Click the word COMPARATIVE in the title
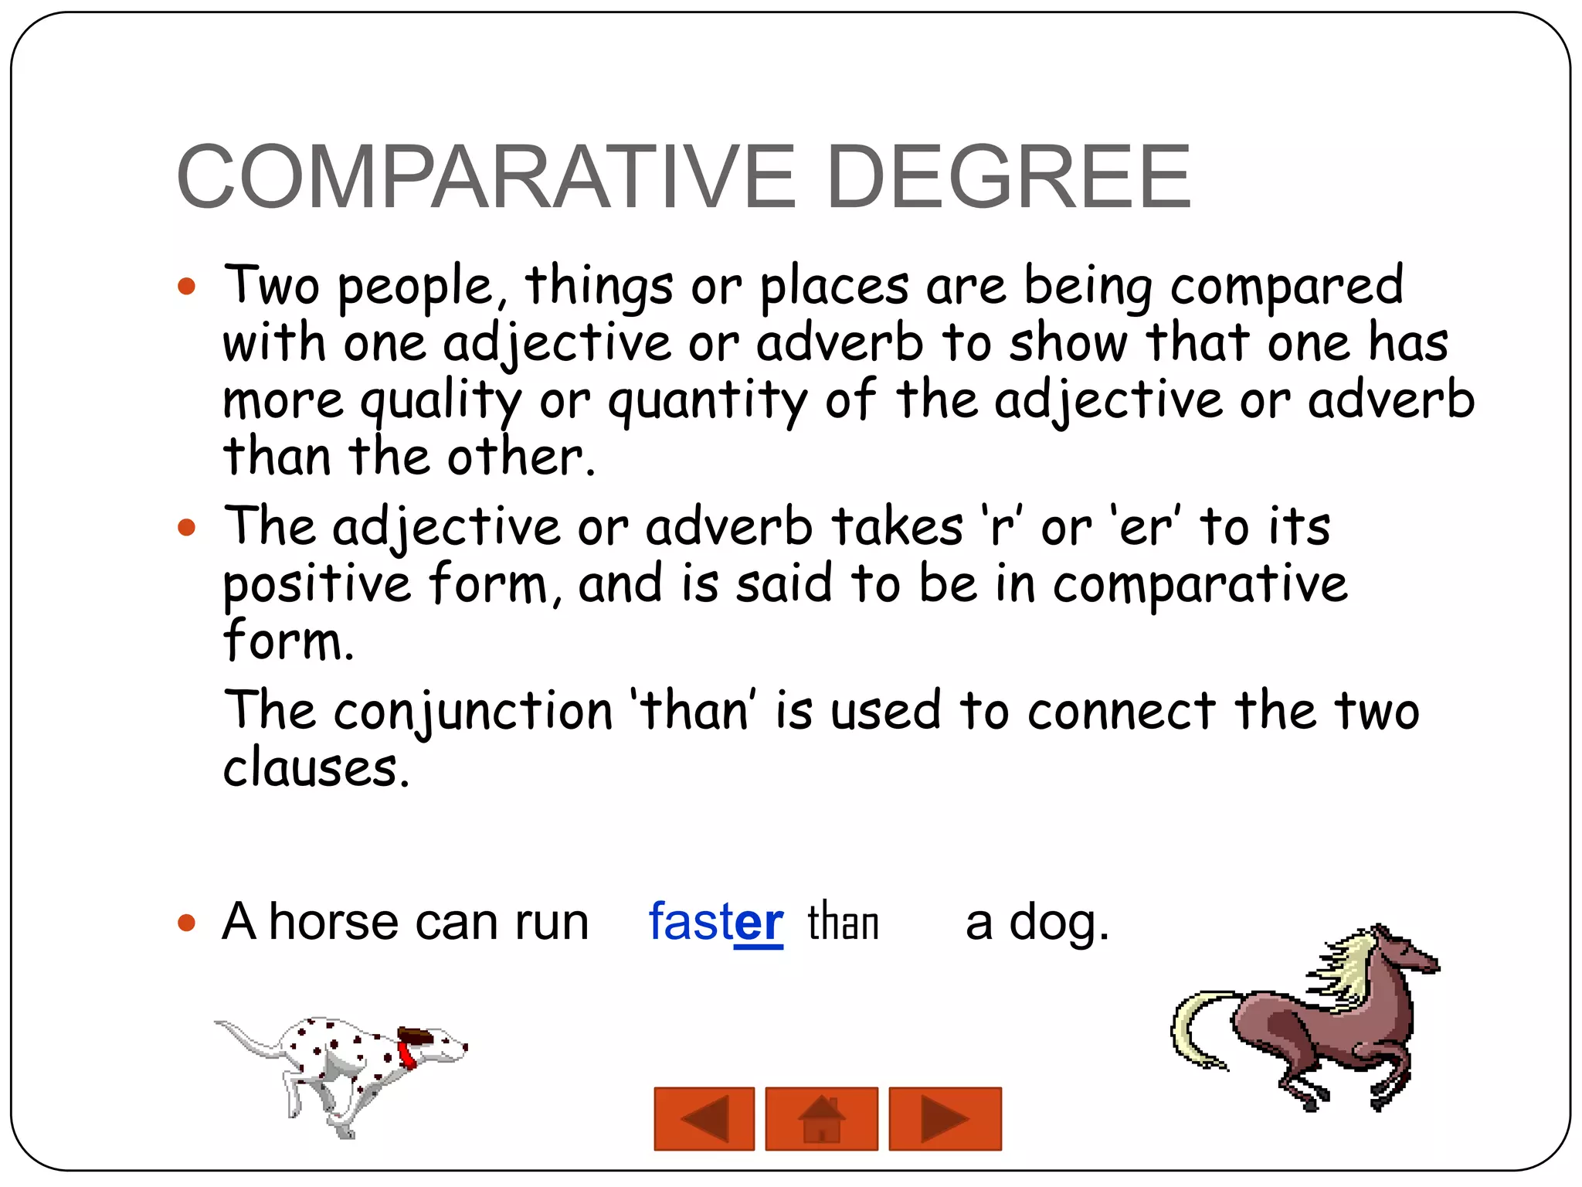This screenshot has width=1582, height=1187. click(485, 178)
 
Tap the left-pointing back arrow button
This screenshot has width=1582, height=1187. click(704, 1118)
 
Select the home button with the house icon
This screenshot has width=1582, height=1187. click(821, 1118)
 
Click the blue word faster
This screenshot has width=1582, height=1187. click(715, 922)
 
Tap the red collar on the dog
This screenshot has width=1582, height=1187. click(407, 1053)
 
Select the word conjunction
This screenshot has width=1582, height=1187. click(473, 711)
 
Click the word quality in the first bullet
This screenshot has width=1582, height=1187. click(441, 401)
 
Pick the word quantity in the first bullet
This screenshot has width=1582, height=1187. click(707, 401)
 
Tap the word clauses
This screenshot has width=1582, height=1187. click(315, 768)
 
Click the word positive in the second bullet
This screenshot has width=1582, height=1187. click(317, 585)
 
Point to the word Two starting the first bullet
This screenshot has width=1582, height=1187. click(271, 285)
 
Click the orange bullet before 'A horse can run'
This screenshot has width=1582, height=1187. click(186, 923)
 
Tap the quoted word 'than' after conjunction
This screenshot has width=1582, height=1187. click(693, 711)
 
